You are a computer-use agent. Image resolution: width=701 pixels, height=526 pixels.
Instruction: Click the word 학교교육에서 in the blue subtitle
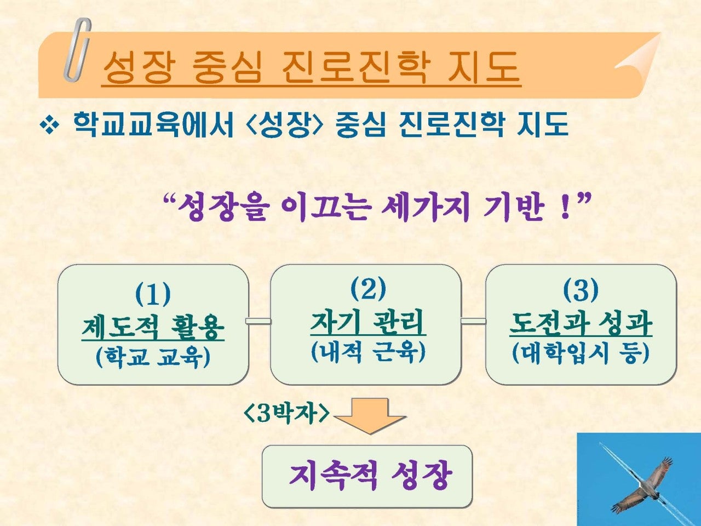(153, 124)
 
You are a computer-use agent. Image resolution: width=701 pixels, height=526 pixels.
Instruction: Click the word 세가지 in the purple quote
(426, 208)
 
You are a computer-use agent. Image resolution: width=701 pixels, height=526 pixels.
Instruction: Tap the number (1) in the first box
(153, 294)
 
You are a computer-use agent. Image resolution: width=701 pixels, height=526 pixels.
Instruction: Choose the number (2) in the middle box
(368, 289)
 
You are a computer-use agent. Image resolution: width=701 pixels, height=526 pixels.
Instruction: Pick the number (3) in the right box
(581, 290)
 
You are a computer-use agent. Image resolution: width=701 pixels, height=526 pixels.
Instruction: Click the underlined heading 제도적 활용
(153, 328)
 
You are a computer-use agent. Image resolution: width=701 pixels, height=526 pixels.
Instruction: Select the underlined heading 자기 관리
(368, 323)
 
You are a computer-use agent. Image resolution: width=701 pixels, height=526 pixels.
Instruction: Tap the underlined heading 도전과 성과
(581, 324)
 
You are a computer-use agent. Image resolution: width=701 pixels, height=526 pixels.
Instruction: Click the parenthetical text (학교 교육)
(153, 357)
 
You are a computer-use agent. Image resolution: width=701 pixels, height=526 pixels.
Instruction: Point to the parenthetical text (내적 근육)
(368, 352)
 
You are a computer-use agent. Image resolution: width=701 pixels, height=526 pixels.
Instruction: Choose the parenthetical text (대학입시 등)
(581, 353)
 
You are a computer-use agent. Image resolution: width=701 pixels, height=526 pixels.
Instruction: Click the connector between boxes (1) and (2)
(259, 321)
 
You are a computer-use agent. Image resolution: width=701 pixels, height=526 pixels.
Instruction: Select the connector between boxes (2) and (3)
(474, 321)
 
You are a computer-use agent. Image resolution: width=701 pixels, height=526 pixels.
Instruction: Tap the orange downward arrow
(370, 416)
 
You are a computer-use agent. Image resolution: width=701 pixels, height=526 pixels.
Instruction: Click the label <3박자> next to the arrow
(286, 414)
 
